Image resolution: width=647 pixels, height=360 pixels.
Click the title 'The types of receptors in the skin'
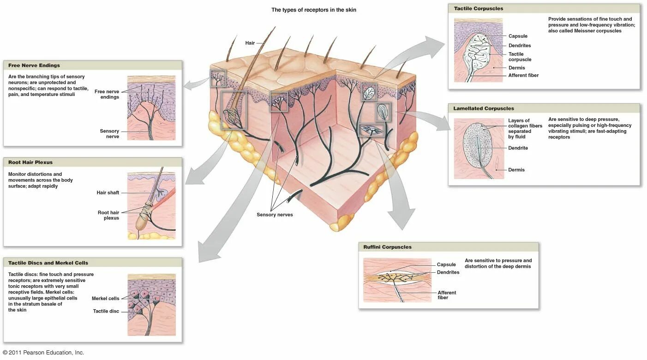(313, 10)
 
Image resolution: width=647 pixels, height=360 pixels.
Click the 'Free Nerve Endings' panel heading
(34, 66)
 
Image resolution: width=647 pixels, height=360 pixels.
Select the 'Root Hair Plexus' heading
(30, 162)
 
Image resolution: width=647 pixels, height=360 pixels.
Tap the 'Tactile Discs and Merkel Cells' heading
(48, 263)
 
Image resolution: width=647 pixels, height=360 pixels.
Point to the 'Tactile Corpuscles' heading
(479, 9)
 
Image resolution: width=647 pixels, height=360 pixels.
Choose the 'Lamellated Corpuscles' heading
(484, 108)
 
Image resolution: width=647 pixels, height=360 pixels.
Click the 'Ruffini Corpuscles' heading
(387, 247)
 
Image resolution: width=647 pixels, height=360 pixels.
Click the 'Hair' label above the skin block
(250, 43)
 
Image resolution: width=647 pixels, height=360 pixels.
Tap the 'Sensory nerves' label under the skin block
(275, 215)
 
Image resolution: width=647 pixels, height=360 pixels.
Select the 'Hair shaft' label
(108, 193)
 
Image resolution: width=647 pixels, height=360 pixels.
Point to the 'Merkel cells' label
(105, 299)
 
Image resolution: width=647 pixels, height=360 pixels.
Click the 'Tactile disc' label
(106, 311)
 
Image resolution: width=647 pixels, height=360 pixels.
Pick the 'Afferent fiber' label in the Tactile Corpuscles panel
(523, 75)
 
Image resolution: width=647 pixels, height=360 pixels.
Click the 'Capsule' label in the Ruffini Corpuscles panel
(446, 264)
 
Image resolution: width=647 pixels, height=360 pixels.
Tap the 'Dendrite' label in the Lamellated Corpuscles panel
(518, 148)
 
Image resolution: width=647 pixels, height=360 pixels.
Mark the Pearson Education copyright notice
(43, 353)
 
